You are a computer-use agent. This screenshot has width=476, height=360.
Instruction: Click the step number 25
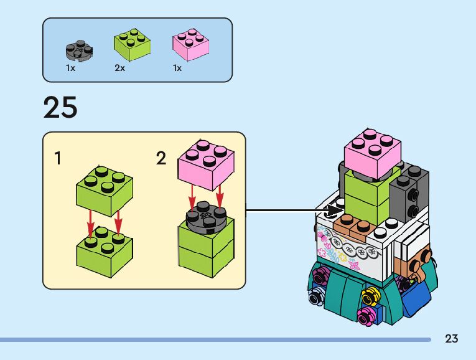tap(60, 108)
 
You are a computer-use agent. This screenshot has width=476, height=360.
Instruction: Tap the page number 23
tap(452, 339)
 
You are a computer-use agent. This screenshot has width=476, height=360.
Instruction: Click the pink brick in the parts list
tap(190, 44)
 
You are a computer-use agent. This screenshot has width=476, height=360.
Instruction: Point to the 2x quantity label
tap(120, 68)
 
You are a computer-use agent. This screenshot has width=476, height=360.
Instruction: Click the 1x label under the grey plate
tap(70, 68)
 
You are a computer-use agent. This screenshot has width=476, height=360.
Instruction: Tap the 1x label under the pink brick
tap(177, 68)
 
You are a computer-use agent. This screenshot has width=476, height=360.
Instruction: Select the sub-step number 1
tap(58, 159)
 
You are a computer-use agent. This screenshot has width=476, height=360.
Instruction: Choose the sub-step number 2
tap(161, 159)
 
